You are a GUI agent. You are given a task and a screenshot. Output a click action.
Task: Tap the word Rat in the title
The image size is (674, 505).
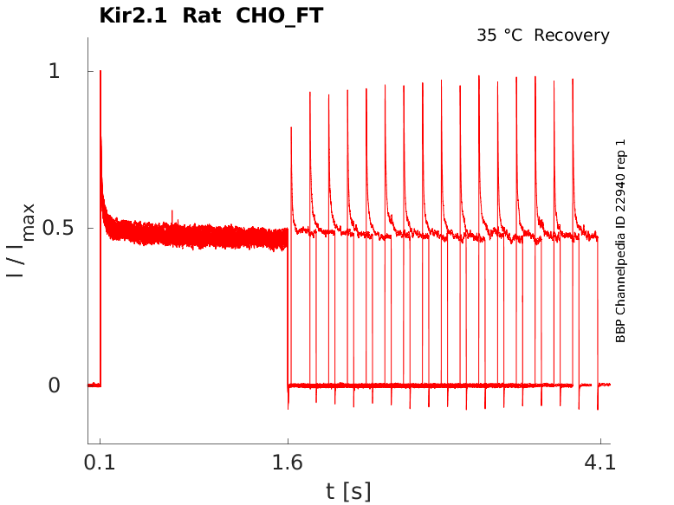[x=201, y=16]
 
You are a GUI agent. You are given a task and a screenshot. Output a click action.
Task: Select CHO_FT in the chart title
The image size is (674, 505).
[x=280, y=16]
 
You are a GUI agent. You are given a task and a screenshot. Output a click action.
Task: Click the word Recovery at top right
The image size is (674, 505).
[x=572, y=36]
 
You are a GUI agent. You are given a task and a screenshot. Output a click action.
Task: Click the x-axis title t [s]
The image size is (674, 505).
[x=348, y=491]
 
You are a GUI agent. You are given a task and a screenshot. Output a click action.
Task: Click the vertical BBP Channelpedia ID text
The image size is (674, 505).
[x=620, y=241]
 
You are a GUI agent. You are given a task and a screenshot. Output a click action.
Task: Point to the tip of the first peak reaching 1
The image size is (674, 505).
[x=100, y=72]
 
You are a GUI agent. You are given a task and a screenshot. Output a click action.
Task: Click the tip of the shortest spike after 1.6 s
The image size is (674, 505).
[x=291, y=127]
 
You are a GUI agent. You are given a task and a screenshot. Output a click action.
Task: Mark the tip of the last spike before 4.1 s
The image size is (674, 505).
[x=574, y=80]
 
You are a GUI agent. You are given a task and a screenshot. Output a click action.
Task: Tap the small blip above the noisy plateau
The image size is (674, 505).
[x=172, y=210]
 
